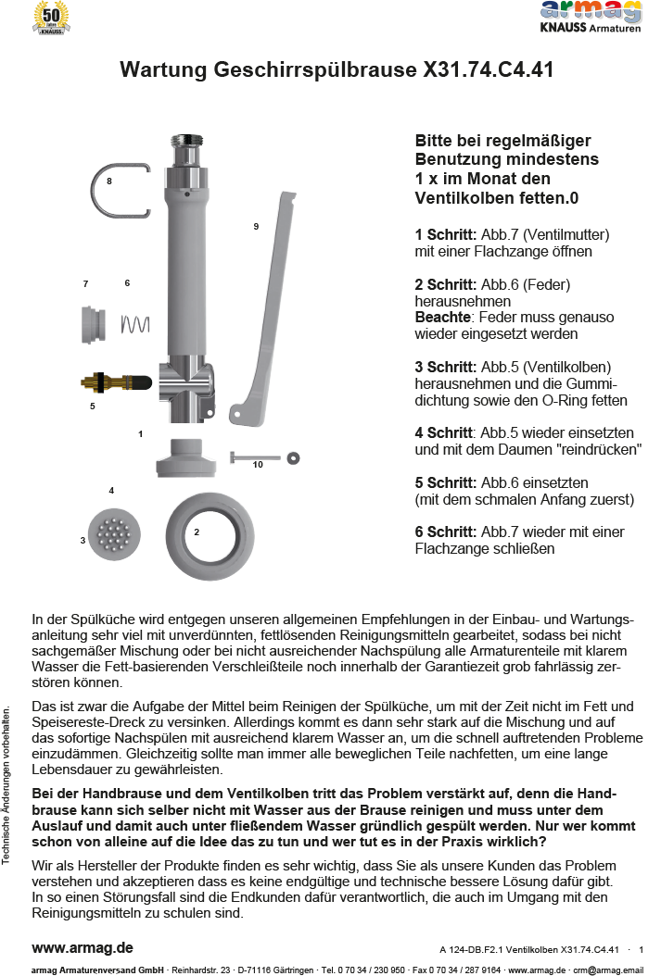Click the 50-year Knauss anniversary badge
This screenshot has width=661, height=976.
[51, 18]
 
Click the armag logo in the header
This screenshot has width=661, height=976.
[591, 11]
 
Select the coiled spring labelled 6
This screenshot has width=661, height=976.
[135, 323]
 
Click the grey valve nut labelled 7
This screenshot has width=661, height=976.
[91, 324]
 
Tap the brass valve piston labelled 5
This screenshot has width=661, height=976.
[116, 382]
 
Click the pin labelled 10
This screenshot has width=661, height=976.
[250, 457]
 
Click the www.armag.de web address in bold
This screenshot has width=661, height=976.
[83, 947]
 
